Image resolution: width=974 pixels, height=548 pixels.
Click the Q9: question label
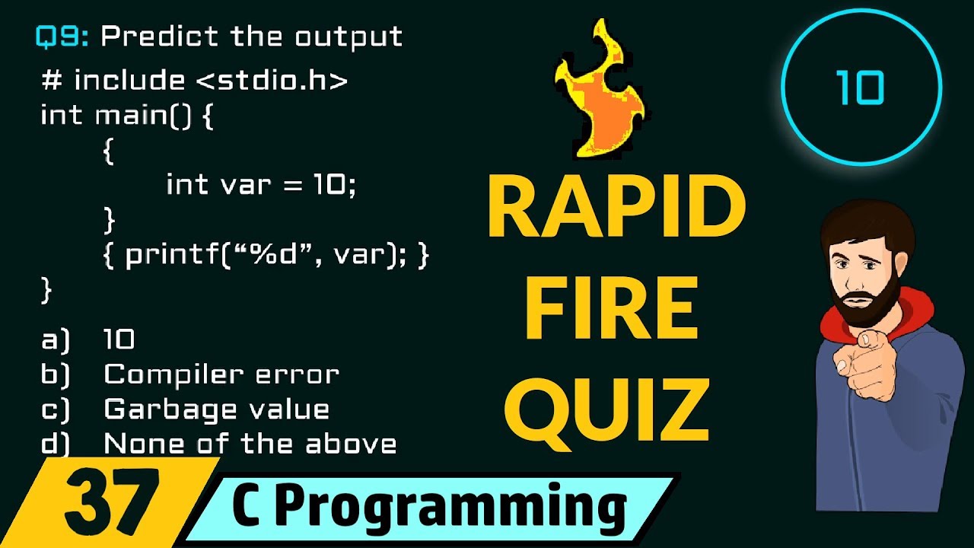tap(62, 37)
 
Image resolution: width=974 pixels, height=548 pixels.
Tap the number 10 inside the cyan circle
tap(861, 89)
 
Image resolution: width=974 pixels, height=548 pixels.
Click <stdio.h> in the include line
tap(272, 80)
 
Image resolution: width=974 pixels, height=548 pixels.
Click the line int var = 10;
tap(260, 185)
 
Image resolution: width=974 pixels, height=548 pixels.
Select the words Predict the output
tap(252, 37)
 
